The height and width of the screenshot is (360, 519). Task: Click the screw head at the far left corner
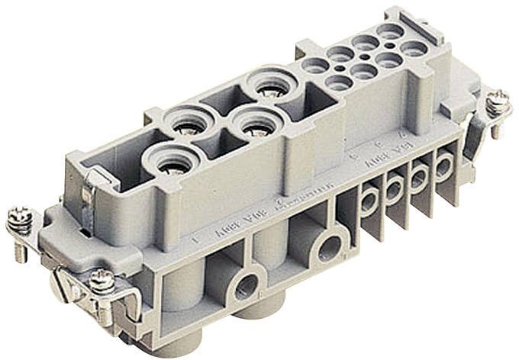20,221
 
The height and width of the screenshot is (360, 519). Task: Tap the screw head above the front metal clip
102,281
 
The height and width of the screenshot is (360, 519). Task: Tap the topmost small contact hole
391,31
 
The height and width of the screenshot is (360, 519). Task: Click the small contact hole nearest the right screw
414,49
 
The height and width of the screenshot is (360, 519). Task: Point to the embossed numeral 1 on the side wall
197,243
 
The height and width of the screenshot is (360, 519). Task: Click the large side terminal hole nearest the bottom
246,287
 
